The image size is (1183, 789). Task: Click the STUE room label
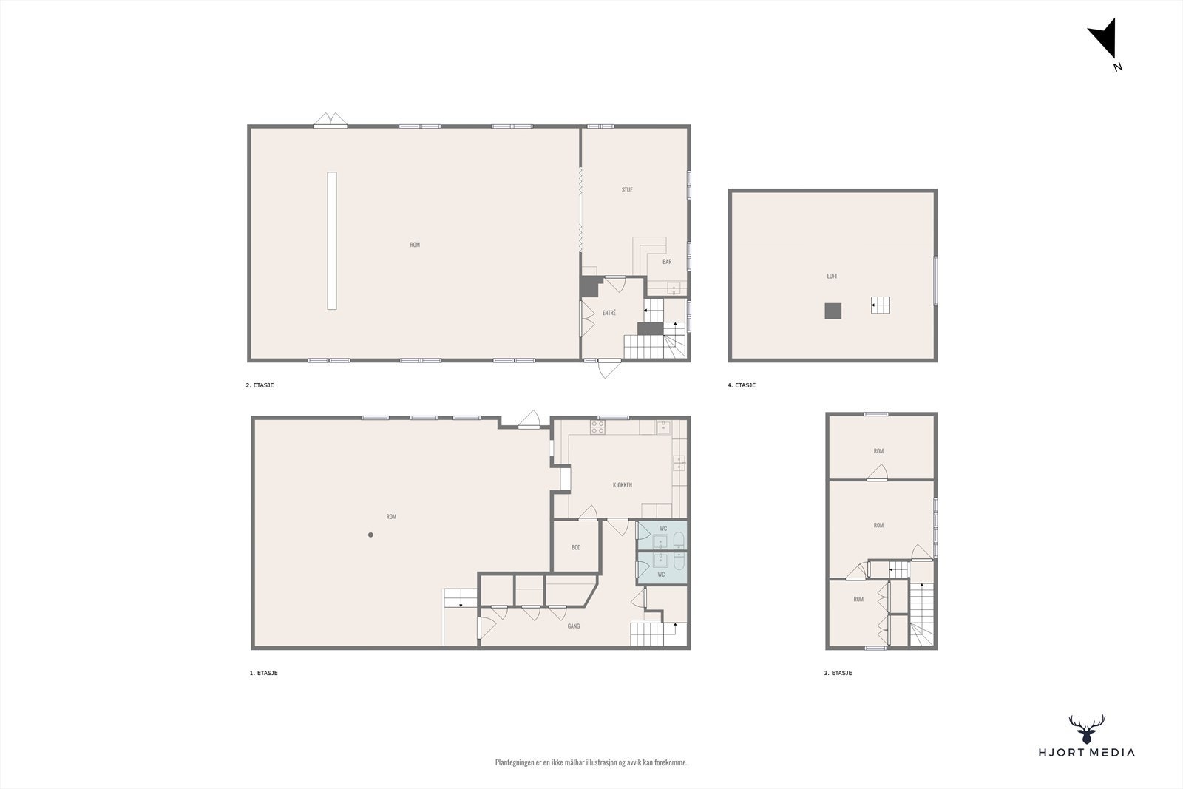(x=627, y=190)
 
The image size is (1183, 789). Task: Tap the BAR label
(x=667, y=262)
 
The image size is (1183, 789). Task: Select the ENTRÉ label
(x=609, y=313)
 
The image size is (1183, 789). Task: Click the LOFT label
(x=832, y=277)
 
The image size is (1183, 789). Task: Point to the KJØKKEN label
(x=623, y=485)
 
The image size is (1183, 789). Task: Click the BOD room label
(x=576, y=548)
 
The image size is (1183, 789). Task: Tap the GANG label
(x=574, y=626)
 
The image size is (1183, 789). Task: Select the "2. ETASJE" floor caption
(x=260, y=385)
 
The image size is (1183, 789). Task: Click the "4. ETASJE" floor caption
(x=742, y=385)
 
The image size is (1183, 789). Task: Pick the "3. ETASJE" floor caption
(x=838, y=674)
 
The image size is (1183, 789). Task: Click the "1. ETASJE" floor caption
(x=263, y=674)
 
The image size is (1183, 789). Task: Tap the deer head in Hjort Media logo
(x=1087, y=729)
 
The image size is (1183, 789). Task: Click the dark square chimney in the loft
(x=833, y=311)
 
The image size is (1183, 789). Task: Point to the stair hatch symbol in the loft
(x=880, y=305)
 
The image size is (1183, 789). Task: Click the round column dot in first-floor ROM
(x=371, y=535)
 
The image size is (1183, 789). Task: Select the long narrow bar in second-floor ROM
(x=332, y=240)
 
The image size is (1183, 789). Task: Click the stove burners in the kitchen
(x=597, y=427)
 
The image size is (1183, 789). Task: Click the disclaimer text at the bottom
(x=591, y=762)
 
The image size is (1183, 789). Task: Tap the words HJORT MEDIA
(x=1087, y=753)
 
